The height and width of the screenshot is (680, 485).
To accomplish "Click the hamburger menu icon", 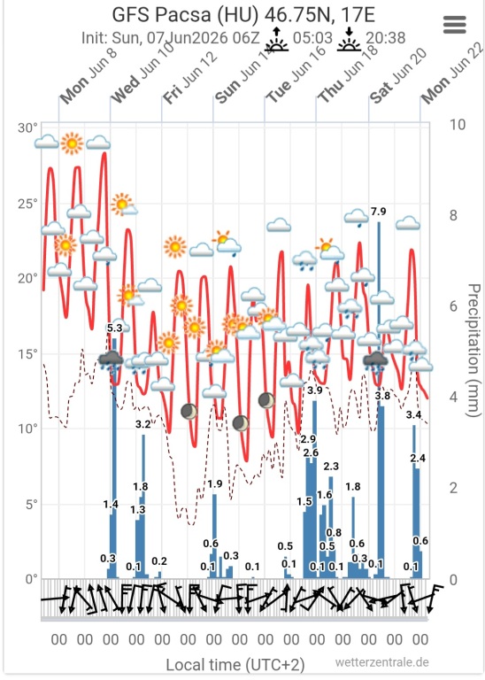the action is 455,25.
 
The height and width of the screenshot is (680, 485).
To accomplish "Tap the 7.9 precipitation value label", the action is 378,212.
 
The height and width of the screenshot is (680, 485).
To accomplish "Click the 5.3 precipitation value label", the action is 114,328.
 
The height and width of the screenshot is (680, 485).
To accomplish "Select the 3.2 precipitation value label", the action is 143,424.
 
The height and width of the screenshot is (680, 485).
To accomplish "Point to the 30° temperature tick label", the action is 27,127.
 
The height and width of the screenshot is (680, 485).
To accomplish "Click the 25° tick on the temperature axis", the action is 27,204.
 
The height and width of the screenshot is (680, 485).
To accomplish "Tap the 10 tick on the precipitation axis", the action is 458,125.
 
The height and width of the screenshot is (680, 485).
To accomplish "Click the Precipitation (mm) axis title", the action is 474,351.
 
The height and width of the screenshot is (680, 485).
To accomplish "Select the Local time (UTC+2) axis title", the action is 235,665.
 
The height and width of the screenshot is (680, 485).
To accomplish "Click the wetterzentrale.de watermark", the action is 381,662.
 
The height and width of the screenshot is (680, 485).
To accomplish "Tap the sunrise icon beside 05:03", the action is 276,39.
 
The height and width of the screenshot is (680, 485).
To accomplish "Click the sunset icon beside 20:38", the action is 349,39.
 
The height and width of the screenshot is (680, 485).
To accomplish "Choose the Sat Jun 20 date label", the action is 399,76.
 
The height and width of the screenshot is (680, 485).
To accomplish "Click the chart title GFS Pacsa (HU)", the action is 185,15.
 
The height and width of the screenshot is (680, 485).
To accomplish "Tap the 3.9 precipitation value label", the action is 315,390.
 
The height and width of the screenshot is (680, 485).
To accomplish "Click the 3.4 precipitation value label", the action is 413,415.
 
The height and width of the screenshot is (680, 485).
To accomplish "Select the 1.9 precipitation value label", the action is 215,484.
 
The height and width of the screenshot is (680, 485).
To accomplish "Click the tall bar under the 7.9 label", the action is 379,400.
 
